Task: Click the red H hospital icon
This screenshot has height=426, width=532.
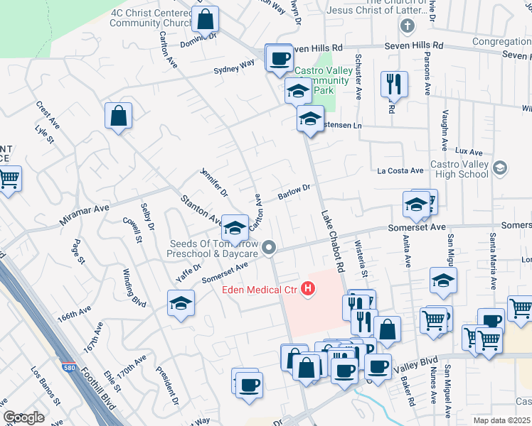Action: (x=308, y=289)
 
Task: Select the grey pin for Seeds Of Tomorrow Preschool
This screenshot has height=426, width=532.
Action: (x=269, y=247)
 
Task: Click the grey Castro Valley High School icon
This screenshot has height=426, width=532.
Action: (x=500, y=168)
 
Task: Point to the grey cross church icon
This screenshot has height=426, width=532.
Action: (x=407, y=27)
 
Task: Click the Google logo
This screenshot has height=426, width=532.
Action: (x=23, y=417)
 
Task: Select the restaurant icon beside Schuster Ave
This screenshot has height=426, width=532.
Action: (x=392, y=84)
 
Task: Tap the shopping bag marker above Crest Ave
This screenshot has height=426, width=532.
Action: (x=118, y=116)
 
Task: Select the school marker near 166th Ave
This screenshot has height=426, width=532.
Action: (x=181, y=303)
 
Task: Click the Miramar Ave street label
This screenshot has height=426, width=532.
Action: (x=84, y=215)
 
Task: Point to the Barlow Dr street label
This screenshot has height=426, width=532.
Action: (x=294, y=192)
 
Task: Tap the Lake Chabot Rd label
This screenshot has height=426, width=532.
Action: (x=333, y=241)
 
